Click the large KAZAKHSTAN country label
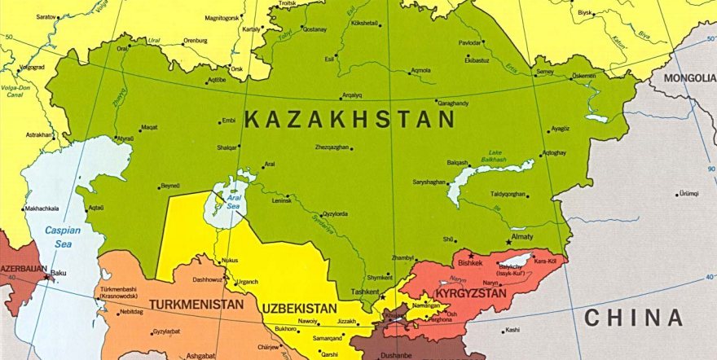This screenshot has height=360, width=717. pyautogui.click(x=349, y=120)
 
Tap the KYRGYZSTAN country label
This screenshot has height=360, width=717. pyautogui.click(x=470, y=292)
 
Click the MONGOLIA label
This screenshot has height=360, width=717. pyautogui.click(x=688, y=78)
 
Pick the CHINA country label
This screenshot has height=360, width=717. pyautogui.click(x=633, y=318)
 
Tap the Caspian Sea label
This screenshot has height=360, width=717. pyautogui.click(x=63, y=236)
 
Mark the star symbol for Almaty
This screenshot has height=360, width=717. pyautogui.click(x=509, y=242)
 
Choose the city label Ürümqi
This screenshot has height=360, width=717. pyautogui.click(x=691, y=194)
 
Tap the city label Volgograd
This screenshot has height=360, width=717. pyautogui.click(x=32, y=67)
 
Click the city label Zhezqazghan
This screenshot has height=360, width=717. pyautogui.click(x=332, y=147)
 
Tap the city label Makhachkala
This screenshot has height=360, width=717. pyautogui.click(x=42, y=209)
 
